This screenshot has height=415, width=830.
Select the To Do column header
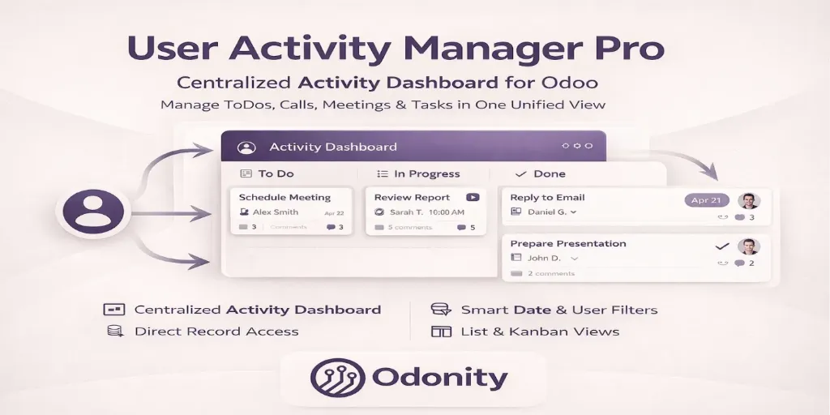(x=276, y=173)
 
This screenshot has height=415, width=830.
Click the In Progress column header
(x=426, y=173)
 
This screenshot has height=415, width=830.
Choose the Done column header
(x=550, y=173)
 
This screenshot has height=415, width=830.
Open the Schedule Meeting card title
(x=285, y=197)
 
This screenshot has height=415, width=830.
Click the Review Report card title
(x=412, y=197)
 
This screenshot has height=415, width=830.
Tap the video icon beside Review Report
(x=473, y=197)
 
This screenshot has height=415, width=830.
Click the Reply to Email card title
(x=547, y=197)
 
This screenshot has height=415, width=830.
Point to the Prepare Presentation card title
(x=568, y=243)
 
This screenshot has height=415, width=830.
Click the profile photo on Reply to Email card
(x=748, y=201)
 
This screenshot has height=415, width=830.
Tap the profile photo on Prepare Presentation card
(x=748, y=246)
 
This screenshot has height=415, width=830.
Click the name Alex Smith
(x=276, y=212)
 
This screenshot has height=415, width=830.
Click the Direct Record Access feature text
(x=216, y=332)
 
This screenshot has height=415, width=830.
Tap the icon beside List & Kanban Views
(x=441, y=332)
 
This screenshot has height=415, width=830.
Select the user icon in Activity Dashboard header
(x=246, y=148)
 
